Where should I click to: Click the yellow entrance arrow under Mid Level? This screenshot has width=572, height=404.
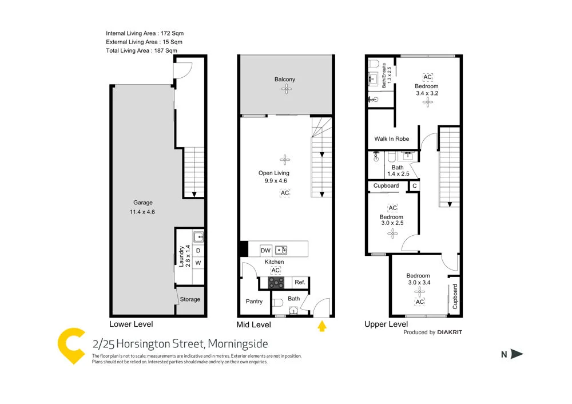322,326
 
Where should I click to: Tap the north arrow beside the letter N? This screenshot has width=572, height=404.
517,354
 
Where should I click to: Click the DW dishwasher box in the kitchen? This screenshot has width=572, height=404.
265,250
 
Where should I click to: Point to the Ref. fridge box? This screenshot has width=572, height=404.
299,282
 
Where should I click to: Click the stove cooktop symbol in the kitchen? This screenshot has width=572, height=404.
277,282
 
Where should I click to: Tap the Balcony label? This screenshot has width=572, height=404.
284,80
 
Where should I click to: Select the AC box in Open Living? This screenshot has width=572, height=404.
285,193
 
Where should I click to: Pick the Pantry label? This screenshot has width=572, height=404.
254,302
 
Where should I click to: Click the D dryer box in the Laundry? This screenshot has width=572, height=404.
198,250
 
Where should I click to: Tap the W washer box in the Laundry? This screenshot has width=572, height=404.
198,263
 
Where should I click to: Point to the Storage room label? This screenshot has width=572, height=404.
190,299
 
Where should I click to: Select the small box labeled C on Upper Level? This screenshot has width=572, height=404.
414,186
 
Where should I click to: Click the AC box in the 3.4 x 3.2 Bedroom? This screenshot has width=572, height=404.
427,77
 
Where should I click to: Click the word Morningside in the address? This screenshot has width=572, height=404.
237,344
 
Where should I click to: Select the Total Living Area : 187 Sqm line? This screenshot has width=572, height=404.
141,51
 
